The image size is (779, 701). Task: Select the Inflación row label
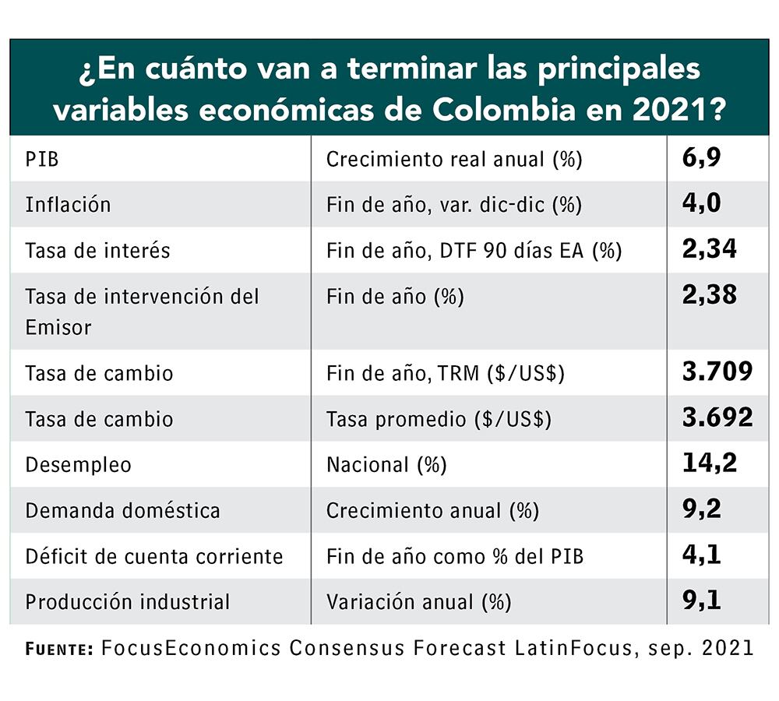tap(68, 205)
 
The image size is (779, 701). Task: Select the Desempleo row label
tap(78, 465)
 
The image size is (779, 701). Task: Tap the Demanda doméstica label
tap(122, 511)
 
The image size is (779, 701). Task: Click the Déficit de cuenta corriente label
tap(153, 556)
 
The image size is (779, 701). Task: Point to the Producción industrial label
tap(128, 602)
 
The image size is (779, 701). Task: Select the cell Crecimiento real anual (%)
tap(454, 160)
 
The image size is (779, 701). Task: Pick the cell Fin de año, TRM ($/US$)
tap(445, 373)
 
